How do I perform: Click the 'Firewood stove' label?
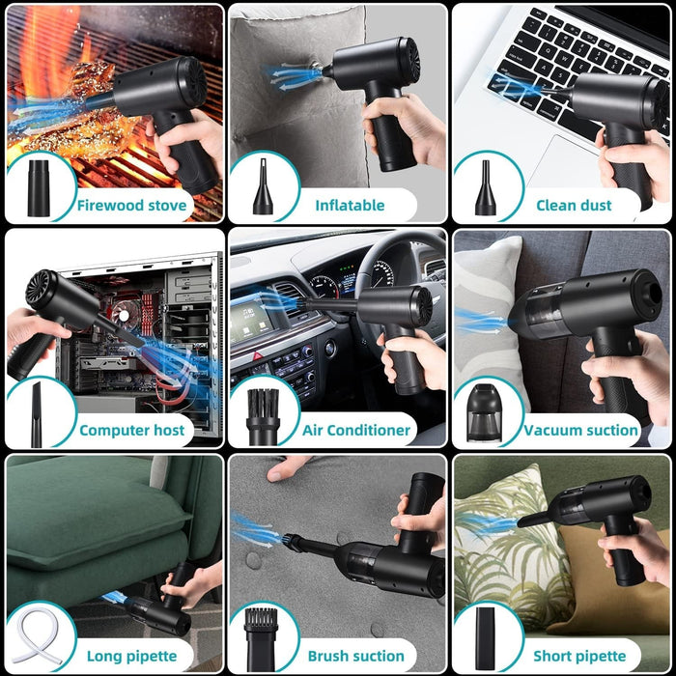(133, 205)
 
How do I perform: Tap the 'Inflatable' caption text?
(350, 205)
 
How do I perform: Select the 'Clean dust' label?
(575, 205)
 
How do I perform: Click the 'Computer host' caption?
(131, 430)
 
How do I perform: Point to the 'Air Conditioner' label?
(356, 430)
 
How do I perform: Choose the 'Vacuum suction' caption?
(581, 430)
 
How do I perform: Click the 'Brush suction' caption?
(355, 656)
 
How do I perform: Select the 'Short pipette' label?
(580, 656)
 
